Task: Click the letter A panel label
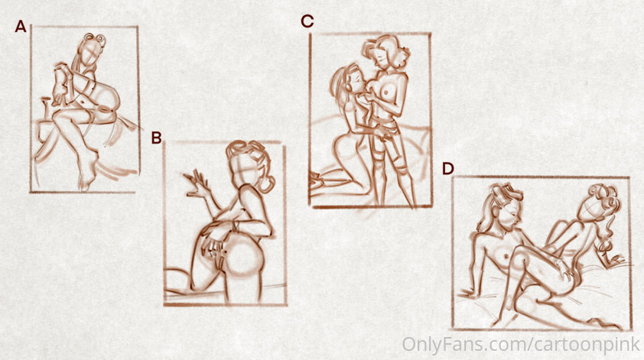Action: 21,27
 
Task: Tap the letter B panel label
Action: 156,138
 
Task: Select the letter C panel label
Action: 307,21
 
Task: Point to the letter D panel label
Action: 447,169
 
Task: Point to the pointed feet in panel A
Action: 88,173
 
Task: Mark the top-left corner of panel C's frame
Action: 311,34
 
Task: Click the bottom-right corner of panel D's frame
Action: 630,329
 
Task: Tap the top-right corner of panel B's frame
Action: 285,144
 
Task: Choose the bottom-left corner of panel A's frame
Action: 31,191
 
